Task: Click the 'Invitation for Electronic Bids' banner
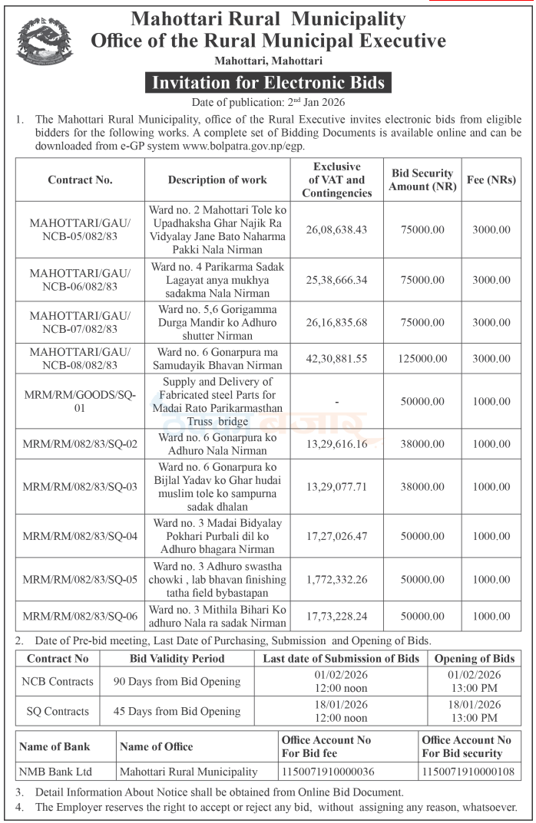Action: pyautogui.click(x=268, y=83)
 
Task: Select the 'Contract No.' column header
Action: pyautogui.click(x=80, y=179)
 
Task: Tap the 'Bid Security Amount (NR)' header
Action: pyautogui.click(x=422, y=179)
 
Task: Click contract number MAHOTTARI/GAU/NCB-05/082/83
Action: pyautogui.click(x=80, y=229)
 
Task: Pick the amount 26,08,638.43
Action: pyautogui.click(x=336, y=229)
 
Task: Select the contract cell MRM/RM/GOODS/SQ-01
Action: pyautogui.click(x=80, y=401)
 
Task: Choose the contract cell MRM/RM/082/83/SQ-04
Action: pyautogui.click(x=80, y=535)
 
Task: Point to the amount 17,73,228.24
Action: pyautogui.click(x=336, y=616)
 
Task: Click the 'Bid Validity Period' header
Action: pyautogui.click(x=177, y=658)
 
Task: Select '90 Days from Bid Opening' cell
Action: pyautogui.click(x=177, y=681)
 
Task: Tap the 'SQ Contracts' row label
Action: pyautogui.click(x=58, y=711)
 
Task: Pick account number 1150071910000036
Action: pyautogui.click(x=328, y=772)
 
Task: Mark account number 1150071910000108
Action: pyautogui.click(x=468, y=772)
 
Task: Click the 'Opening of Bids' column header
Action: pyautogui.click(x=475, y=658)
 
